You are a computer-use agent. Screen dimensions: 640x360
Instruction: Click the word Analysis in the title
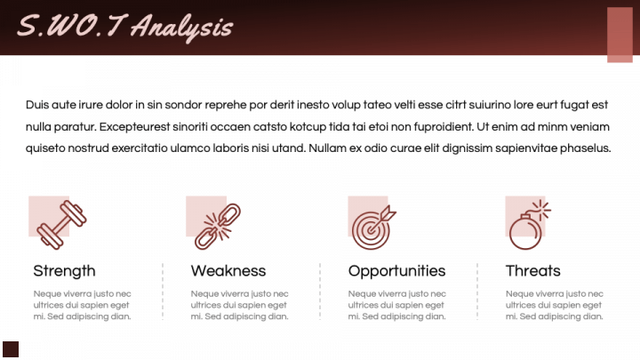coord(182,28)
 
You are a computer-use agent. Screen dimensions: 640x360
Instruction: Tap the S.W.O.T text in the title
coord(72,25)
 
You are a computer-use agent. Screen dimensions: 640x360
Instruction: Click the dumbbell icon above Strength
coord(61,225)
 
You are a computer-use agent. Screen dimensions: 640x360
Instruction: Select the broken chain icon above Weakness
coord(218,227)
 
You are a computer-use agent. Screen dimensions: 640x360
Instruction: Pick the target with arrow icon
coord(373,227)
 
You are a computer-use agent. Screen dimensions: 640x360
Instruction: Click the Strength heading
coord(65,271)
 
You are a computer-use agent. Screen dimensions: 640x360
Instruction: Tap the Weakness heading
coord(228,271)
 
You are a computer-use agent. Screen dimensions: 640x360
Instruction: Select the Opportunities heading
coord(396,271)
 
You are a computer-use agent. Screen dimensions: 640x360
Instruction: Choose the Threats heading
coord(533,271)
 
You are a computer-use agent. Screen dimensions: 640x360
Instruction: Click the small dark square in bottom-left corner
coord(11,349)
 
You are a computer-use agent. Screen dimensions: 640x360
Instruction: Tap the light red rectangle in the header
coord(620,35)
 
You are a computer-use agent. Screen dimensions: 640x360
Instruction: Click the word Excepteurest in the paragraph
coord(134,127)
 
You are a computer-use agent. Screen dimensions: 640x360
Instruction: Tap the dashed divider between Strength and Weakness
coord(163,292)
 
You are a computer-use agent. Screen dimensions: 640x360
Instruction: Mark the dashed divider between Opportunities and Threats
coord(477,292)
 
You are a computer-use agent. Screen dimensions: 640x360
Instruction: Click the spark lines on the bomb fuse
coord(541,210)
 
